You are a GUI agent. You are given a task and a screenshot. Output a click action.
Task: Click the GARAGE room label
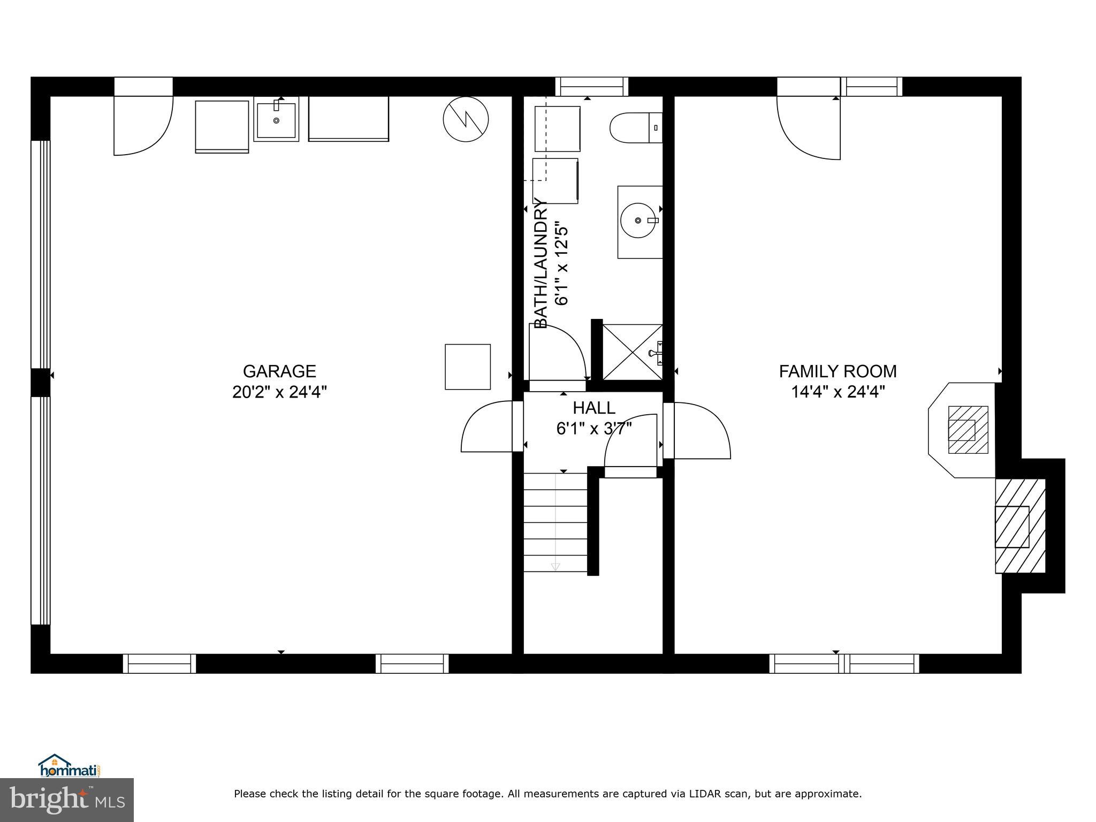[279, 371]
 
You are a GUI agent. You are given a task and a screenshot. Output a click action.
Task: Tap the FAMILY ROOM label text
[838, 371]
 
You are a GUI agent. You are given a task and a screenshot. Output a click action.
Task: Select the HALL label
[594, 408]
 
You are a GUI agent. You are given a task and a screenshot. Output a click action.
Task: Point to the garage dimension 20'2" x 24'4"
[279, 392]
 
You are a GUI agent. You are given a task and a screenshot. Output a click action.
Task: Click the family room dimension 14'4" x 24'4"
[838, 392]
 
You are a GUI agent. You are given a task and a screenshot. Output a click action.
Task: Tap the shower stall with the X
[633, 352]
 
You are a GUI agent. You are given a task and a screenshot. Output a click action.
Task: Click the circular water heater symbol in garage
[466, 119]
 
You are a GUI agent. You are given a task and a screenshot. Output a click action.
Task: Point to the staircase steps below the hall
[555, 522]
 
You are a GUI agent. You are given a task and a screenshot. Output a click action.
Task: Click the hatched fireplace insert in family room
[968, 430]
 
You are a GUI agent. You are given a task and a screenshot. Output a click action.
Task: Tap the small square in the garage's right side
[468, 367]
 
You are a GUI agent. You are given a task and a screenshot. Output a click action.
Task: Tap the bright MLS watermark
[67, 800]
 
